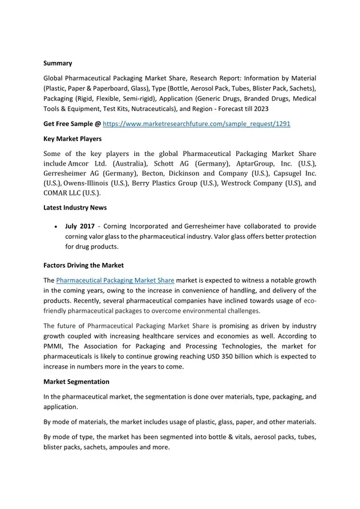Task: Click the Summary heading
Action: (58, 62)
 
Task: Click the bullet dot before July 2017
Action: (56, 226)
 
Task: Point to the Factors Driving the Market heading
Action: (85, 265)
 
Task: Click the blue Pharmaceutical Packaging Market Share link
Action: (115, 280)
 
